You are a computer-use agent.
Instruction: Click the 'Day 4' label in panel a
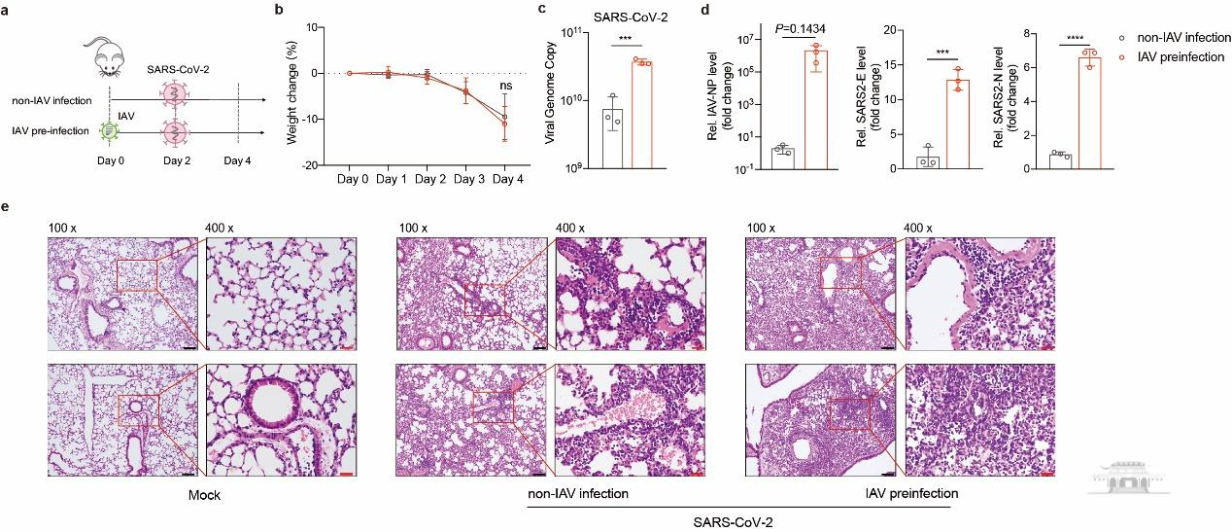pyautogui.click(x=236, y=160)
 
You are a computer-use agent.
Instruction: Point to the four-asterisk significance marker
pyautogui.click(x=1076, y=39)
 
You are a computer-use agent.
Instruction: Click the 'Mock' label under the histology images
pyautogui.click(x=206, y=495)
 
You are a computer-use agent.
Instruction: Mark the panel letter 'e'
pyautogui.click(x=8, y=206)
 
